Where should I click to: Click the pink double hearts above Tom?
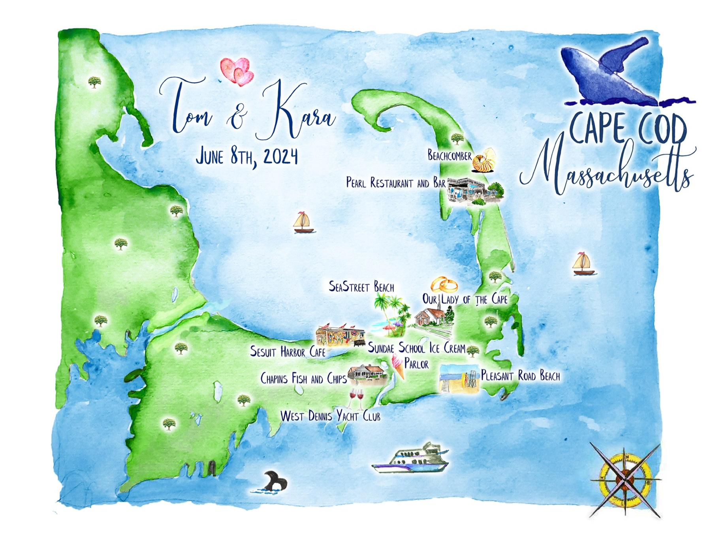click(x=237, y=71)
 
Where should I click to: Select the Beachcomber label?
click(x=450, y=156)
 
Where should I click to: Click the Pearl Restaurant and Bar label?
click(x=396, y=183)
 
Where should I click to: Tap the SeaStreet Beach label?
click(x=361, y=287)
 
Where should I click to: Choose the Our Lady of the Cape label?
click(x=465, y=299)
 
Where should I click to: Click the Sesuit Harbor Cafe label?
click(x=288, y=351)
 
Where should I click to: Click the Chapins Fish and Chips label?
click(x=303, y=379)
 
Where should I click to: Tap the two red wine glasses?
click(x=356, y=398)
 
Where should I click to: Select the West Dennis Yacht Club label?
click(x=330, y=416)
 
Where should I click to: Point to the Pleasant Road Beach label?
click(x=520, y=375)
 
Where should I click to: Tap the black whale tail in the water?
click(x=275, y=482)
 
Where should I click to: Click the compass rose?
click(x=625, y=480)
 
